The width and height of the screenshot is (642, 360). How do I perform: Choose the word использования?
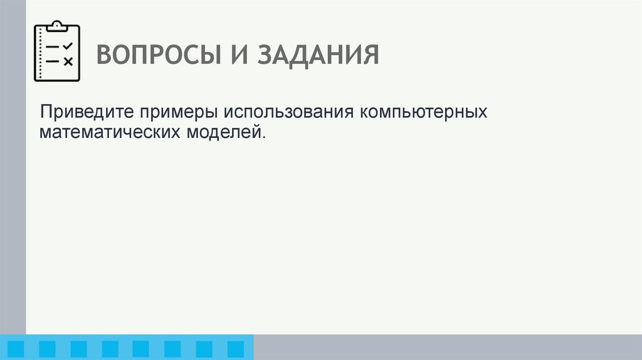[286, 113]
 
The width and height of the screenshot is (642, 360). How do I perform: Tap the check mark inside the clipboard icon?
[68, 46]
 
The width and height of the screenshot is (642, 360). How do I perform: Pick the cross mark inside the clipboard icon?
[68, 61]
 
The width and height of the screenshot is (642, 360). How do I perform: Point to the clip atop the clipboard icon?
[57, 26]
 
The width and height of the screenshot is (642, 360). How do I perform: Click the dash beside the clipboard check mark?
[53, 47]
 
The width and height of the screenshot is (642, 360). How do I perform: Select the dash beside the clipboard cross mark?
[53, 61]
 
